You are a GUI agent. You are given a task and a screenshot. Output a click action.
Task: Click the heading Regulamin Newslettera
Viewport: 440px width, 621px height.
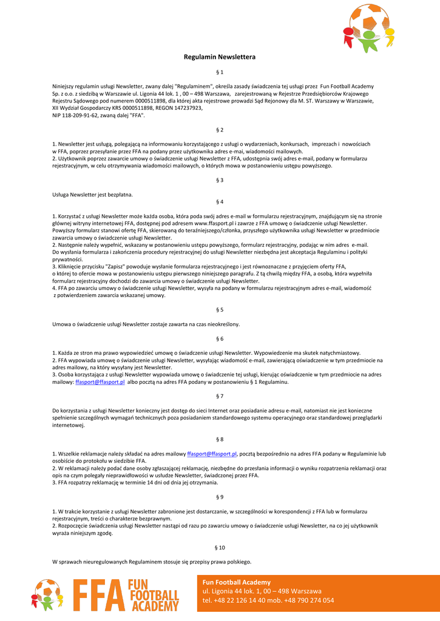[220, 57]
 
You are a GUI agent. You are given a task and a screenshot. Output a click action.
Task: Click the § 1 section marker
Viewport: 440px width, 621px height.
[220, 72]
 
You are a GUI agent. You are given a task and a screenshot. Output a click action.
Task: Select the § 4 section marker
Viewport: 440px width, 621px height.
[220, 201]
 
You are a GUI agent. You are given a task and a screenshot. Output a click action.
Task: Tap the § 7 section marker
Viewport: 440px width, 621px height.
[220, 396]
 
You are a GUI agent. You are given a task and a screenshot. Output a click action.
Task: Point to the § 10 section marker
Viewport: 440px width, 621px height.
[220, 548]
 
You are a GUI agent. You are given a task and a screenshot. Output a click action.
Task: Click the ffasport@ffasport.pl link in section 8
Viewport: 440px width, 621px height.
[212, 454]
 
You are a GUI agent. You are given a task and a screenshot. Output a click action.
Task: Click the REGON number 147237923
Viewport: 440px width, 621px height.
[188, 108]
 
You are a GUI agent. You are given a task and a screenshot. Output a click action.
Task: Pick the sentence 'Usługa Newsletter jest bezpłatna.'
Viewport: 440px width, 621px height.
[92, 195]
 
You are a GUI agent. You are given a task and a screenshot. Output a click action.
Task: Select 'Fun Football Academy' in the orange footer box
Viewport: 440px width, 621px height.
[237, 582]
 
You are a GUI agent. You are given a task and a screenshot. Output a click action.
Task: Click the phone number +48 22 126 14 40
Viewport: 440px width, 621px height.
[240, 600]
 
